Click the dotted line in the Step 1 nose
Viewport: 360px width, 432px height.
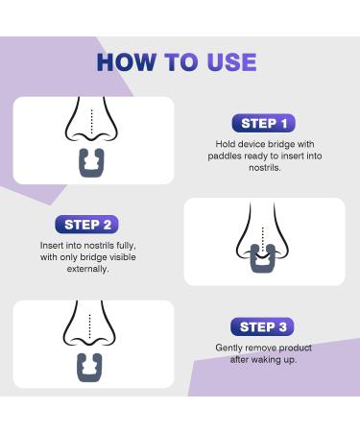click(93, 121)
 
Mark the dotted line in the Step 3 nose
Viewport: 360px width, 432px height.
click(93, 325)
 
